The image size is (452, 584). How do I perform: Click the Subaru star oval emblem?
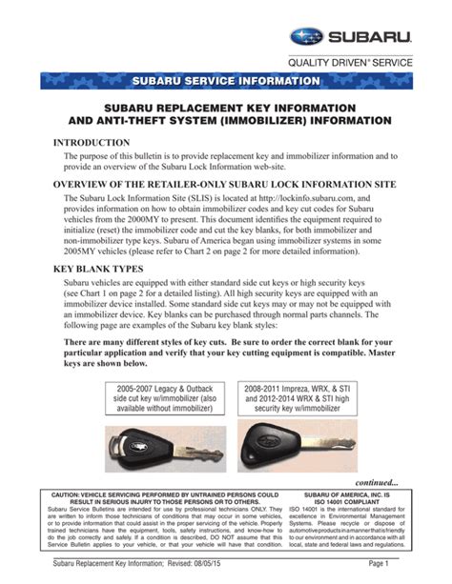coord(308,39)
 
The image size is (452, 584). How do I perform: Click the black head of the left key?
coord(136,446)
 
